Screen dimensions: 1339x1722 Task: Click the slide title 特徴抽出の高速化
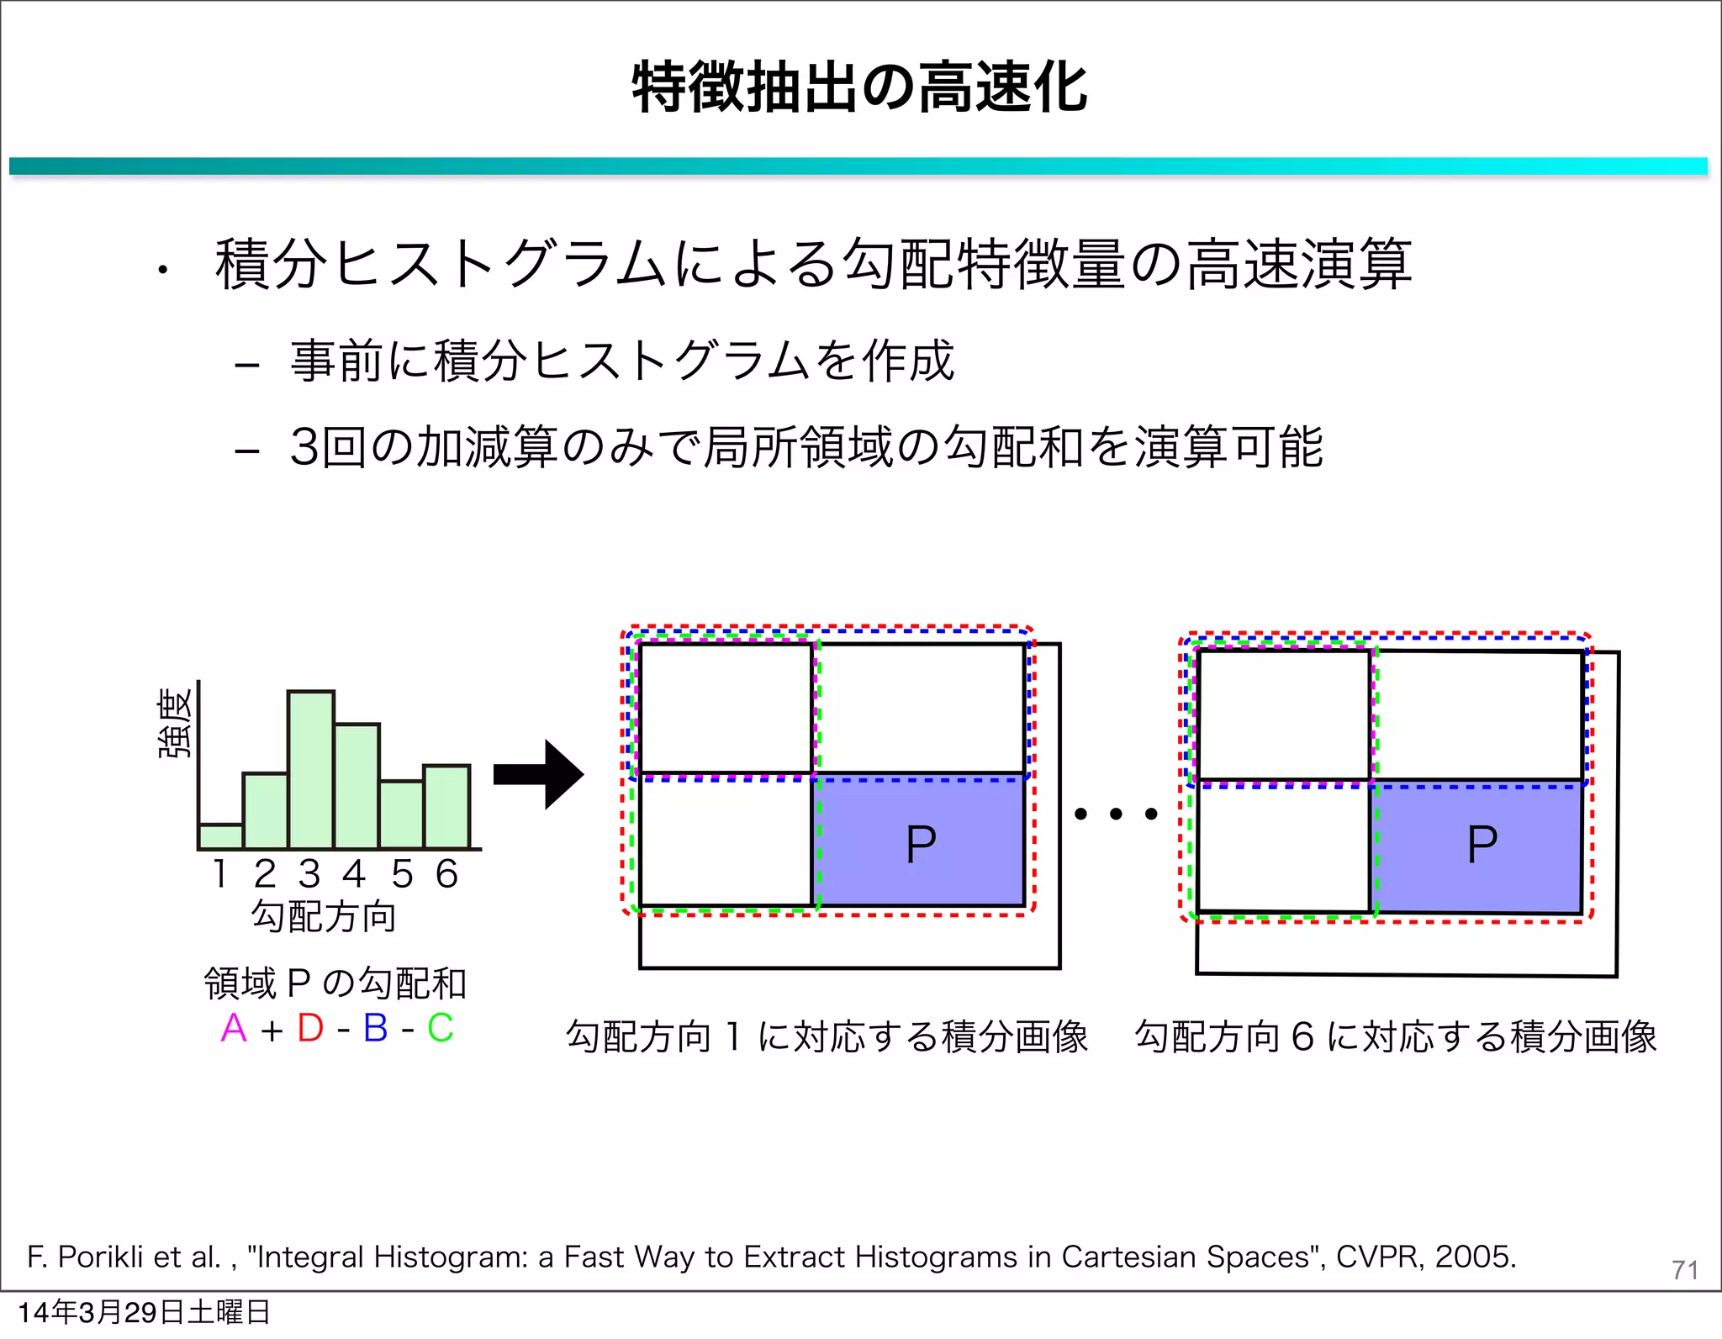pyautogui.click(x=859, y=87)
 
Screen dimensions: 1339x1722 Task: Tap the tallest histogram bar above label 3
pyautogui.click(x=311, y=769)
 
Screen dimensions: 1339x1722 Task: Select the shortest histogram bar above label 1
pyautogui.click(x=221, y=836)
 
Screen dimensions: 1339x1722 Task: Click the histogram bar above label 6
pyautogui.click(x=446, y=807)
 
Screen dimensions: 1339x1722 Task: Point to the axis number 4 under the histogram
pyautogui.click(x=354, y=874)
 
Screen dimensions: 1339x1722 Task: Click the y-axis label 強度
pyautogui.click(x=176, y=723)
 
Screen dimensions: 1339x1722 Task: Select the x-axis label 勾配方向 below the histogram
pyautogui.click(x=324, y=916)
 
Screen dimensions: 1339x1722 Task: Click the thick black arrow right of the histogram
pyautogui.click(x=538, y=774)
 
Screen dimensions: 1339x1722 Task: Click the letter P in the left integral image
pyautogui.click(x=921, y=845)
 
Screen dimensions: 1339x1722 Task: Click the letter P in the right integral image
pyautogui.click(x=1482, y=845)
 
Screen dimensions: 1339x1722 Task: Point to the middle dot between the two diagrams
pyautogui.click(x=1116, y=814)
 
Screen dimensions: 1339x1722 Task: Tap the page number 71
pyautogui.click(x=1684, y=1269)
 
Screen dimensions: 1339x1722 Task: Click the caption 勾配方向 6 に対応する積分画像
pyautogui.click(x=1396, y=1036)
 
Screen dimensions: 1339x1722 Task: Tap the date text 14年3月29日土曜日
pyautogui.click(x=143, y=1312)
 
